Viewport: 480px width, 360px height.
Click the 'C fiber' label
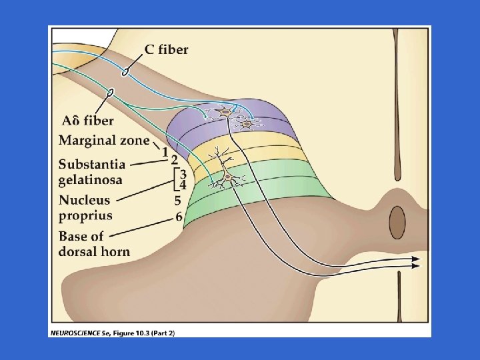(167, 49)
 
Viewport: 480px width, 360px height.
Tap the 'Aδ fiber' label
(87, 121)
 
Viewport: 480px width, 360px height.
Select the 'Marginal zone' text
(104, 140)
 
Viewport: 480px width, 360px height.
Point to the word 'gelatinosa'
(90, 180)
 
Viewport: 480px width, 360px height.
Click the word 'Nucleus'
(85, 200)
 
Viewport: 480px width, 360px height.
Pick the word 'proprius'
(85, 215)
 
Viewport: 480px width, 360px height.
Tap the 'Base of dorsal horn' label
(94, 243)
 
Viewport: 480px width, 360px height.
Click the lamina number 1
(165, 151)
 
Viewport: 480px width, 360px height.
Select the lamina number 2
(174, 160)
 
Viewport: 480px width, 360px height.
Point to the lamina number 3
(182, 173)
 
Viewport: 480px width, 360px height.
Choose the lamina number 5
(178, 199)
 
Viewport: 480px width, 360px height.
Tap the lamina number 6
(179, 215)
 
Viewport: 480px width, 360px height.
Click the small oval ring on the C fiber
(125, 70)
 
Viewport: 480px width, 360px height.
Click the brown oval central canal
(397, 222)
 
